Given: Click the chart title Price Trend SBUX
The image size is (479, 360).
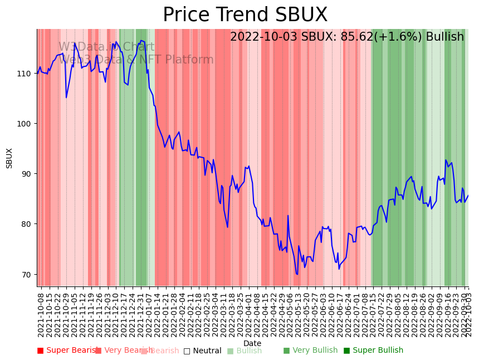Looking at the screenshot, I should click(245, 15).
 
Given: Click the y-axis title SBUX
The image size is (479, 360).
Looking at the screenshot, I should click(9, 158).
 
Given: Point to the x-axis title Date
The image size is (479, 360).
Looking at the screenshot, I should click(252, 343).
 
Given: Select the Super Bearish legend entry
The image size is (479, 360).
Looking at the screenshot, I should click(67, 351).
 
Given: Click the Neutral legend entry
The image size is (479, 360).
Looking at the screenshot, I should click(202, 351).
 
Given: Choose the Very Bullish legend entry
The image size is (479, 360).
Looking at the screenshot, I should click(310, 351).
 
